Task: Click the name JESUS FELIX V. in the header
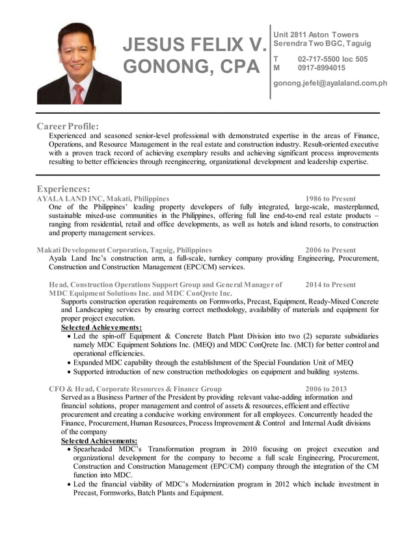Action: click(x=194, y=46)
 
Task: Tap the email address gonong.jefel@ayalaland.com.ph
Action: click(x=330, y=83)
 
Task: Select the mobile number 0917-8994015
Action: click(x=321, y=68)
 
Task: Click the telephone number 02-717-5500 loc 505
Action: click(x=332, y=59)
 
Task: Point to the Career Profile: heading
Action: click(x=68, y=125)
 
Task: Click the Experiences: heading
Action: click(x=63, y=189)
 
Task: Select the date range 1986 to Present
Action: click(x=330, y=198)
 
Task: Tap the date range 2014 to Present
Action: click(x=330, y=285)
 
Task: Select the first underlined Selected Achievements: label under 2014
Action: click(x=101, y=328)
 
